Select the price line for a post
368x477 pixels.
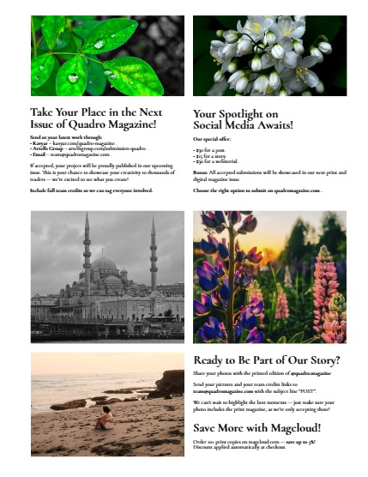[x=209, y=149]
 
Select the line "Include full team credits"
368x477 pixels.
[x=90, y=190]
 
